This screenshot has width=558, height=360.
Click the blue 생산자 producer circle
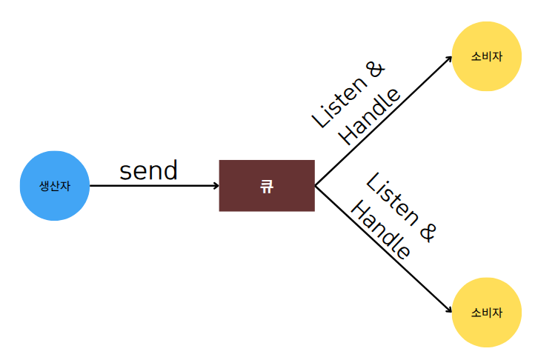[x=55, y=185]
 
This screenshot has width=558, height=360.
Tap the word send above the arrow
[x=148, y=171]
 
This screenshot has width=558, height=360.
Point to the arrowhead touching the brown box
[x=216, y=185]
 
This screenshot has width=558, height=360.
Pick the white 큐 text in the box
[x=267, y=186]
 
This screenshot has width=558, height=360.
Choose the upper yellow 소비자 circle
[x=487, y=57]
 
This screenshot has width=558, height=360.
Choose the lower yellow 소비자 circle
[x=487, y=313]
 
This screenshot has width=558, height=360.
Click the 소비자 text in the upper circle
[x=487, y=57]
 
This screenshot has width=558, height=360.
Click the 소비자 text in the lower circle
[x=487, y=313]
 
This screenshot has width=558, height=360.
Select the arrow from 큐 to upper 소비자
[x=382, y=121]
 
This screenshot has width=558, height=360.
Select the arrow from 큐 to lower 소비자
[x=382, y=250]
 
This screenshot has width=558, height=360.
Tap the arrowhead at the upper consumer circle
[x=449, y=57]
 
